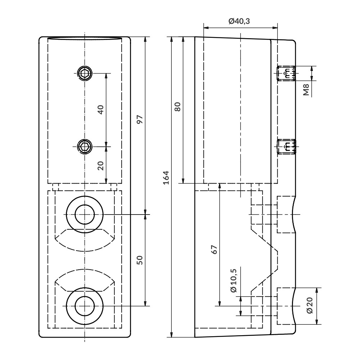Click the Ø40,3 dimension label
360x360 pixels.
coord(239,21)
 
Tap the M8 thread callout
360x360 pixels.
coord(306,89)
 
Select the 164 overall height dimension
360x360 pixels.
coord(166,177)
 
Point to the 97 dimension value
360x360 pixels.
coord(140,119)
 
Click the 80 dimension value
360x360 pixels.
coord(177,107)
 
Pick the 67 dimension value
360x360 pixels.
coord(214,249)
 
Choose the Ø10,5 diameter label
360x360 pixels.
coord(233,280)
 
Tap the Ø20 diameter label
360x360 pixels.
coord(310,306)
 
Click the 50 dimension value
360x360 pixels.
coord(140,260)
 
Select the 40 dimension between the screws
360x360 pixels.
coord(101,109)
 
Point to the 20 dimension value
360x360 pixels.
coord(101,165)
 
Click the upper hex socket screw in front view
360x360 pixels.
coord(85,73)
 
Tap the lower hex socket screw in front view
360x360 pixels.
coord(85,146)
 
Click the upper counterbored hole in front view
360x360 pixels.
coord(85,215)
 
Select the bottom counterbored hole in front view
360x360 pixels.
coord(85,306)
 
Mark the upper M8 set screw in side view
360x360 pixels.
coord(287,73)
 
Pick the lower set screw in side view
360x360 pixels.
coord(287,146)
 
